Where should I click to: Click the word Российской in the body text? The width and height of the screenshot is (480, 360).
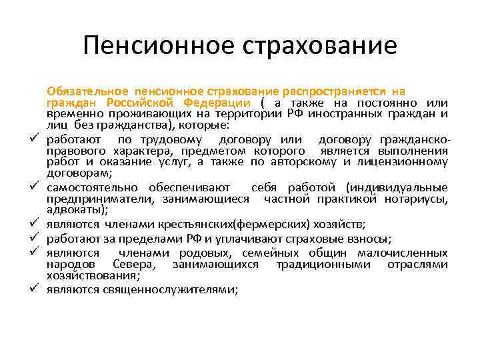click(142, 102)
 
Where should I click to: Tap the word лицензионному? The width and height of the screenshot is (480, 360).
click(407, 161)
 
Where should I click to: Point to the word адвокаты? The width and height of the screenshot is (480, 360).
click(75, 209)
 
